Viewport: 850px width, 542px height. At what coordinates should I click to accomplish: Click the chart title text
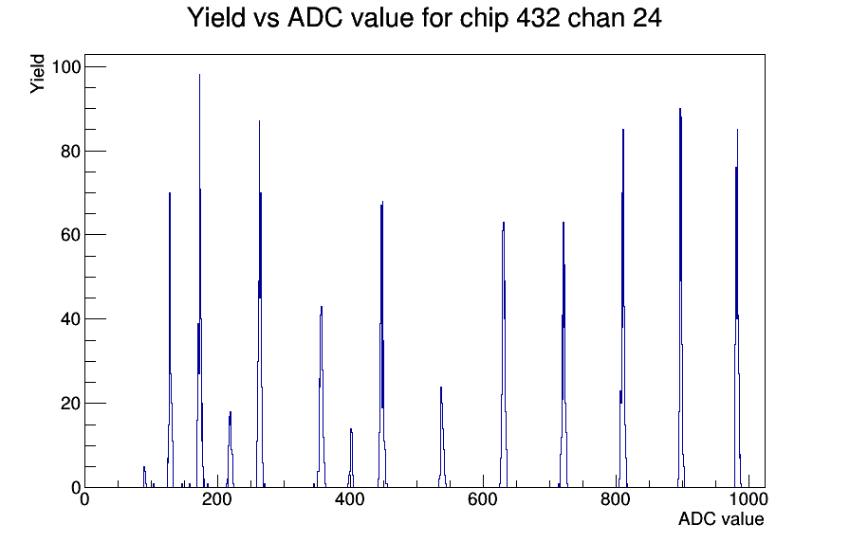point(424,17)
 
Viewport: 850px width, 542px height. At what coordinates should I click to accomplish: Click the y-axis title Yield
point(37,74)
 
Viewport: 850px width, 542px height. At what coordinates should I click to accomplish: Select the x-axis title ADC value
point(721,518)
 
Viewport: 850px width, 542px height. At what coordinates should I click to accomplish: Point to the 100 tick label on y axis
point(65,67)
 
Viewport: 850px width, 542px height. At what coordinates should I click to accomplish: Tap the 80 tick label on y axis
point(70,151)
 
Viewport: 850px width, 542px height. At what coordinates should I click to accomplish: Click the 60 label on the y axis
point(70,235)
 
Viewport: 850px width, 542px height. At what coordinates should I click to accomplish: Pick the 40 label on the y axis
point(70,319)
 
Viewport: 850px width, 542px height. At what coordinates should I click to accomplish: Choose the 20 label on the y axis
point(70,404)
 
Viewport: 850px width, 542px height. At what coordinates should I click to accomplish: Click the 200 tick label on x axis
point(217,498)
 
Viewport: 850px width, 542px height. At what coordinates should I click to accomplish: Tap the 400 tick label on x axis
point(350,498)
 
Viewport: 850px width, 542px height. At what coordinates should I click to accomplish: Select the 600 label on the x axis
point(483,498)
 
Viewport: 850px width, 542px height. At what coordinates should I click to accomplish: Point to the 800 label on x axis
point(616,498)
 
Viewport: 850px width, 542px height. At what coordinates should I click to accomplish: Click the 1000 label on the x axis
point(748,498)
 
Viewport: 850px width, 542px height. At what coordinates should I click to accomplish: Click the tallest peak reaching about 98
point(199,75)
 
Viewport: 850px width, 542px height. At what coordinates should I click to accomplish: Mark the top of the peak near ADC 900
point(680,109)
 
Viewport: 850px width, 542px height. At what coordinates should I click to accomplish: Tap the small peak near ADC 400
point(351,429)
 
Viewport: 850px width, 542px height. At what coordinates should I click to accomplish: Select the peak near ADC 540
point(441,388)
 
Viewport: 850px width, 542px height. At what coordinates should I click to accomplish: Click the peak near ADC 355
point(322,307)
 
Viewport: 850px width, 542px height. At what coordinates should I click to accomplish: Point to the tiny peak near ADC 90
point(144,467)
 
